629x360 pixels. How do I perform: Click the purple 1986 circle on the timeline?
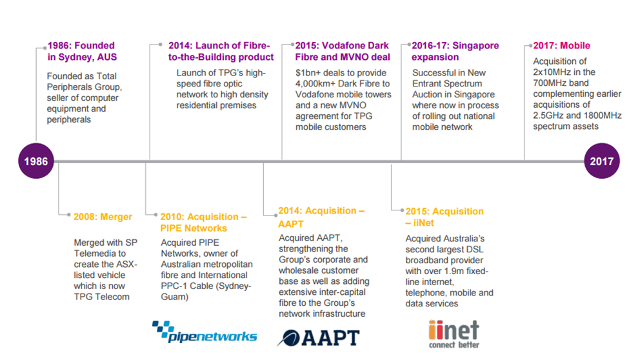coord(36,161)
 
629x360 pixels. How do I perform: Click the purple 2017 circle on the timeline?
coord(601,161)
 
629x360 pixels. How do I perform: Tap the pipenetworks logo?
coord(205,332)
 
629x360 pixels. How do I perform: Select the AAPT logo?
coord(319,338)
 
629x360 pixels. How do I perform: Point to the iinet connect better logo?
coord(454,334)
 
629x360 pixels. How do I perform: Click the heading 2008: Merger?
coord(103,217)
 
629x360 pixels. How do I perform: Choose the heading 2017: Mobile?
coord(562,45)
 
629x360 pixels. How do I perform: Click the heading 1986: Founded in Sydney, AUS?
coord(82,52)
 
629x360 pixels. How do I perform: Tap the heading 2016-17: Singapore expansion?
coord(455,52)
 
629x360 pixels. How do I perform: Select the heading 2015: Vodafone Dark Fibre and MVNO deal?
coord(343,52)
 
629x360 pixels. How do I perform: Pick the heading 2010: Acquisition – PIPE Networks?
coord(203,223)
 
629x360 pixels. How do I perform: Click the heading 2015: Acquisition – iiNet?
coord(444,217)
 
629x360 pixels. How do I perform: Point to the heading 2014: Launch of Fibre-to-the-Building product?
coord(221,52)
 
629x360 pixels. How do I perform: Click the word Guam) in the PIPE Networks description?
coord(174,297)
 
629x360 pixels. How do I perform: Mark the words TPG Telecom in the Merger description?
coord(101,297)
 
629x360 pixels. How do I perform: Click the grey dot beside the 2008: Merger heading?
coord(68,215)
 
